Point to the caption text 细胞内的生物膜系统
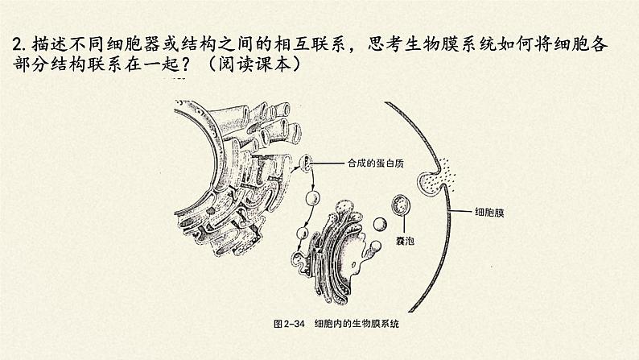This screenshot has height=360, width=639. pos(357,324)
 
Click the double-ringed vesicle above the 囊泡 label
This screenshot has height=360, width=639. pos(400,205)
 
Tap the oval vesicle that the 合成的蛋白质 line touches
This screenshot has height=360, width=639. pos(306,164)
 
